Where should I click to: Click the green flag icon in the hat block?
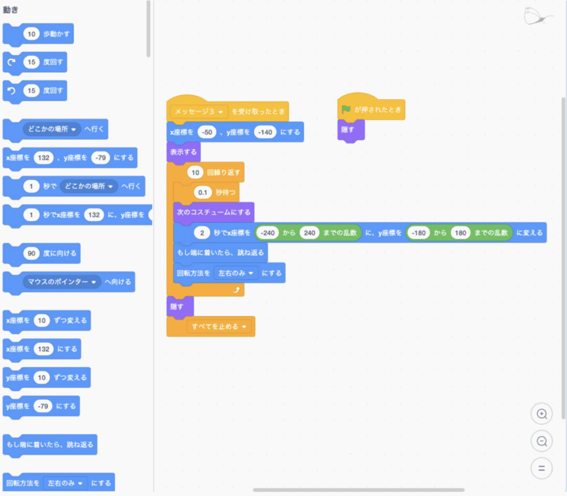click(346, 109)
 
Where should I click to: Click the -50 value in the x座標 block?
click(207, 132)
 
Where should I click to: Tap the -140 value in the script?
click(265, 132)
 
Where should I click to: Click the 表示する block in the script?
click(183, 152)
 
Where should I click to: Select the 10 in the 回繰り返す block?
click(195, 173)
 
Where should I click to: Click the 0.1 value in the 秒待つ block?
click(203, 192)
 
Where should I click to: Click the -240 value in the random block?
click(268, 233)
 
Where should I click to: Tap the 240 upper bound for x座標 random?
click(310, 233)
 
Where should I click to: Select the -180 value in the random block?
click(419, 233)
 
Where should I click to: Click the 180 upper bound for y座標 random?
click(461, 233)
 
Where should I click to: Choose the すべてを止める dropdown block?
click(219, 327)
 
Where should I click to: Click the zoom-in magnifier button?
click(542, 414)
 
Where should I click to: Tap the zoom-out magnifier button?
click(542, 441)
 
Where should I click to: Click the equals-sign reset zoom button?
click(542, 468)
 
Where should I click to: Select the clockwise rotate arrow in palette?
click(12, 62)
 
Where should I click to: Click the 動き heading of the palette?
click(11, 10)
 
